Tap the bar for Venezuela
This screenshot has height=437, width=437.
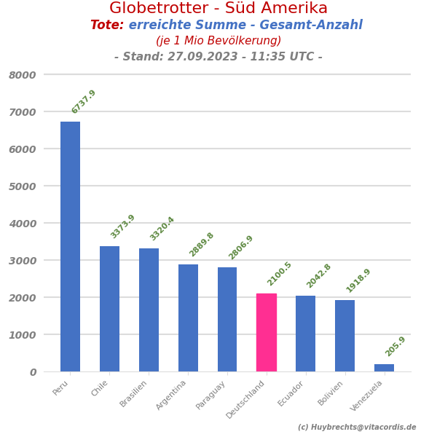tap(384, 368)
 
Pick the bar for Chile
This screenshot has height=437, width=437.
tap(109, 309)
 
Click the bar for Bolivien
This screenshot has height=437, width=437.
tap(345, 336)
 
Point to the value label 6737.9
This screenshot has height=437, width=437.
tap(84, 102)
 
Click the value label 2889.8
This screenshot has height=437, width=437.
tap(202, 245)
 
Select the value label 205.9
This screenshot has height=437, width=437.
tap(395, 346)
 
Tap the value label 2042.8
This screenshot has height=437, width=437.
tap(319, 276)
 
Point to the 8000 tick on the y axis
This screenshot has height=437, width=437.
tap(23, 75)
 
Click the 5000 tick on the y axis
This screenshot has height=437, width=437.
tap(23, 186)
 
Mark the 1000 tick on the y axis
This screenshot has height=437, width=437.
tap(23, 335)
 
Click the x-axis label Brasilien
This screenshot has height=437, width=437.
tap(134, 393)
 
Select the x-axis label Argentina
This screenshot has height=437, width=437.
tap(172, 395)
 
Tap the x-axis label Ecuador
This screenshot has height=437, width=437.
tap(291, 393)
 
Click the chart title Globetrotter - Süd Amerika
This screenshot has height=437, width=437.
tap(219, 9)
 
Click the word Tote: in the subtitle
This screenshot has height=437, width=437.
tap(107, 25)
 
